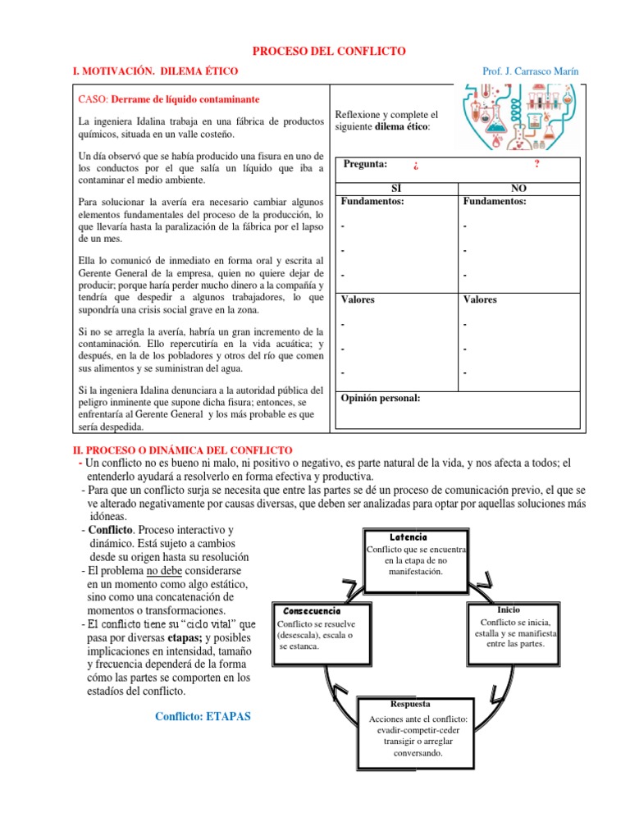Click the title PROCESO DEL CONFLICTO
(x=328, y=51)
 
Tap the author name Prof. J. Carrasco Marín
(x=530, y=71)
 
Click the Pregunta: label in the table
(x=366, y=164)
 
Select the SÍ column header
(x=396, y=188)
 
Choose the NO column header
(x=518, y=188)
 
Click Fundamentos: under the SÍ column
(x=372, y=201)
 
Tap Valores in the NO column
(x=481, y=299)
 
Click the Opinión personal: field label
(x=381, y=398)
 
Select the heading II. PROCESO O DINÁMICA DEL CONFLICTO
(x=183, y=450)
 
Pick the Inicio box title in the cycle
(x=509, y=609)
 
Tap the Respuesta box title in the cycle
(x=411, y=704)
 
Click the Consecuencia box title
(x=311, y=611)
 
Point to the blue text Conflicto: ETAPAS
(x=203, y=716)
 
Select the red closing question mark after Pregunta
(x=536, y=164)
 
